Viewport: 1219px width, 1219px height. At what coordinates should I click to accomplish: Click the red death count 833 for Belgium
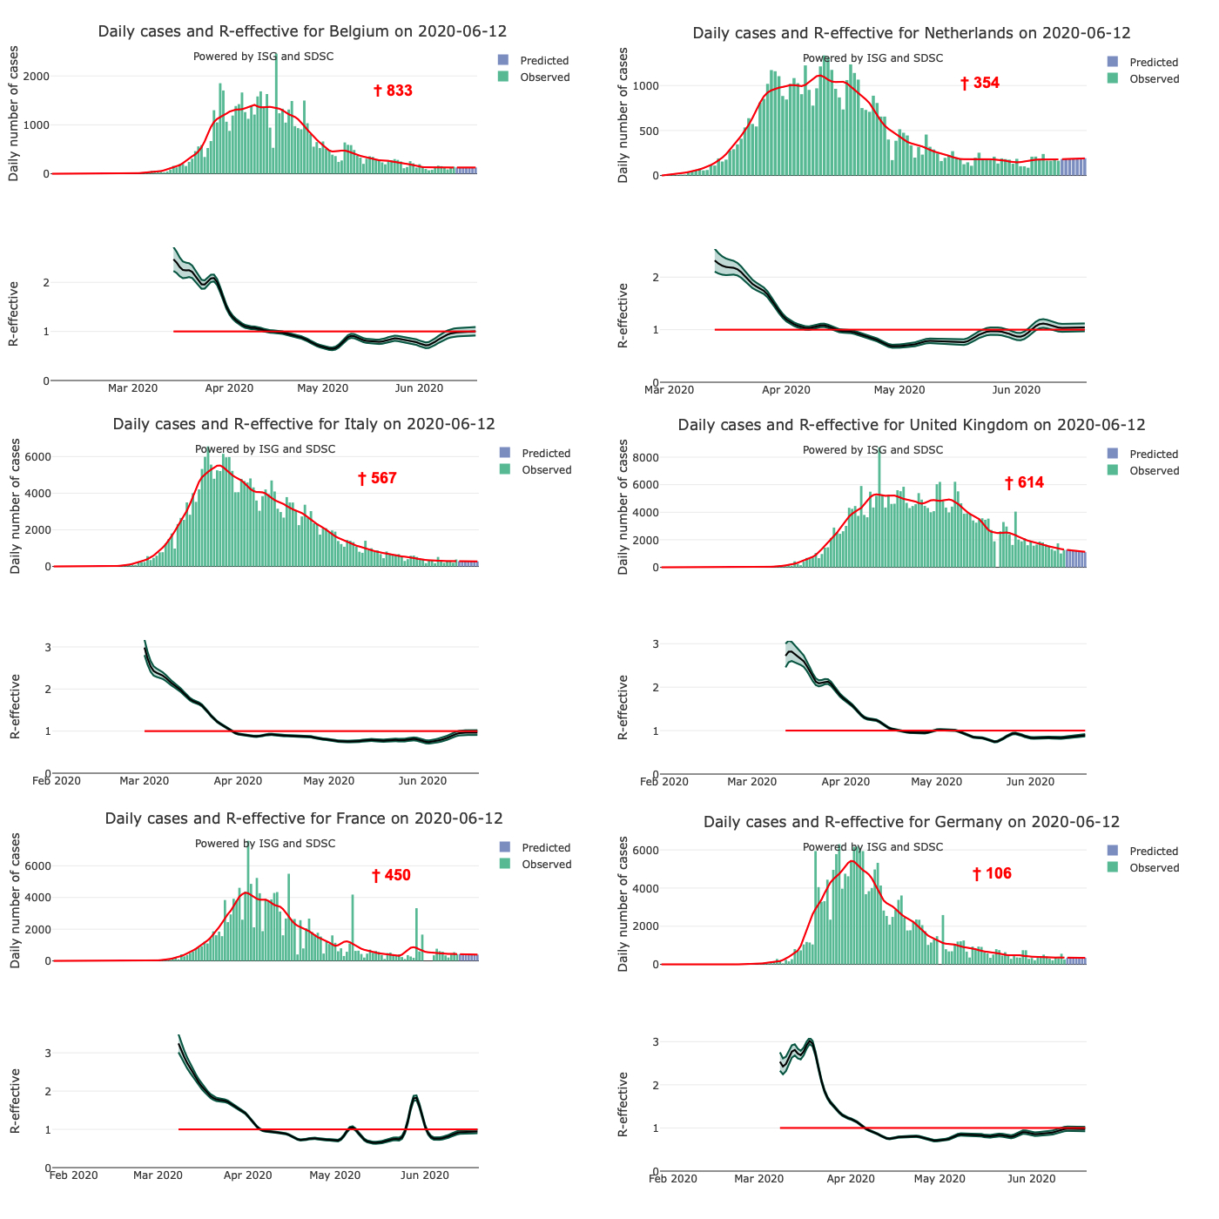point(394,91)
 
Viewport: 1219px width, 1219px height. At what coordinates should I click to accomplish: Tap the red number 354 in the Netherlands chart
point(980,83)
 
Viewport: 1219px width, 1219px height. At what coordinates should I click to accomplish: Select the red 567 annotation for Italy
point(377,478)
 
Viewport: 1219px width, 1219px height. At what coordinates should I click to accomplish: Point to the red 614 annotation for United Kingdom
point(1024,482)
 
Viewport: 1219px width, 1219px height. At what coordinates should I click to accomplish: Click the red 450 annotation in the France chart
point(391,875)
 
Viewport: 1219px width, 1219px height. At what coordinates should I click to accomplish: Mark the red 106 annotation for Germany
point(993,873)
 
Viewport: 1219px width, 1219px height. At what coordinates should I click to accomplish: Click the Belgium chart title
point(302,31)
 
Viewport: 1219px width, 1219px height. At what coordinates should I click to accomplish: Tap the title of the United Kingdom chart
point(912,425)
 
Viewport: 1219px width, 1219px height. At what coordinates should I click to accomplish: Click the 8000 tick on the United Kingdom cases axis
point(645,458)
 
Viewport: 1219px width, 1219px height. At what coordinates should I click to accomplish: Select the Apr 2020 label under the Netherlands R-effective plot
point(786,390)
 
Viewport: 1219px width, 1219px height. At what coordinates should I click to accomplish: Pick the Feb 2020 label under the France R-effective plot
point(73,1175)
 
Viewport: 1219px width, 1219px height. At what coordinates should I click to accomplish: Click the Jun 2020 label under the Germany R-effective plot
point(1031,1179)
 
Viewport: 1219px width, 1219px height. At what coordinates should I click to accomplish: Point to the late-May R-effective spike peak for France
point(415,1096)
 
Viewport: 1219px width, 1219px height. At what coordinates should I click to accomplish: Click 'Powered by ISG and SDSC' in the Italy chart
point(265,449)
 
